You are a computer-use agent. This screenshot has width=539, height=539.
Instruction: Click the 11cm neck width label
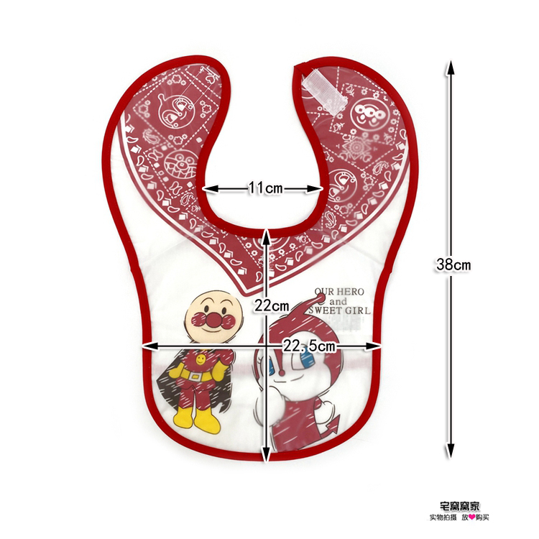[x=265, y=188]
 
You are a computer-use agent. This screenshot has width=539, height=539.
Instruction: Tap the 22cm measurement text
[x=271, y=305]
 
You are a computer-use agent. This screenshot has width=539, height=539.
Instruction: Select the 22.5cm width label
[x=309, y=346]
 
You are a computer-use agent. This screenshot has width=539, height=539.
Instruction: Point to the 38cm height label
[x=453, y=264]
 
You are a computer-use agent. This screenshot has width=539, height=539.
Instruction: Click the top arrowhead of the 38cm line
[x=450, y=67]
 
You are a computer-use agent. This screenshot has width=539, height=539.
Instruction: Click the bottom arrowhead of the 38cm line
[x=450, y=452]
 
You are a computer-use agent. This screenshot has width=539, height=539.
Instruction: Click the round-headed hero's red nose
[x=212, y=318]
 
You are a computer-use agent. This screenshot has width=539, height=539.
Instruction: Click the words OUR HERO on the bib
[x=338, y=292]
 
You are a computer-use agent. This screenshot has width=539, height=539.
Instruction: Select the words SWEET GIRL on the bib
[x=338, y=311]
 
